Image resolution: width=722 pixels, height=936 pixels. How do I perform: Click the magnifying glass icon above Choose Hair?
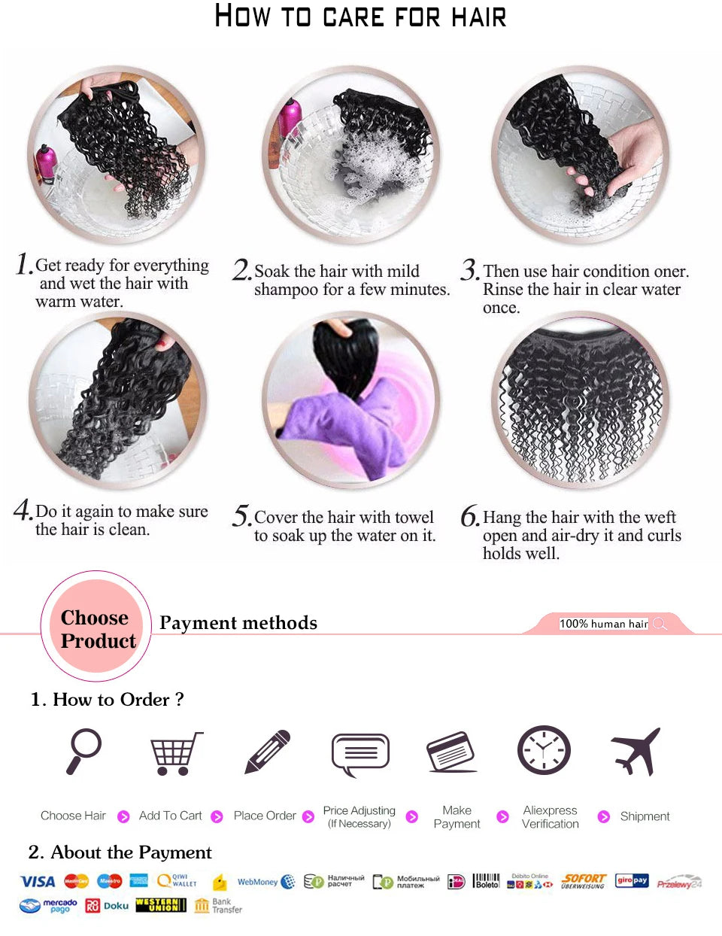(x=83, y=750)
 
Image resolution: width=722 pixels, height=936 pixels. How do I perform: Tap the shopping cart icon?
(x=176, y=752)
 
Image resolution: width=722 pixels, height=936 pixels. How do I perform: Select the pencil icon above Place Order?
(x=268, y=751)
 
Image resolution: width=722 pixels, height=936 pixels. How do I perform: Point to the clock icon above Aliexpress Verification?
(x=544, y=750)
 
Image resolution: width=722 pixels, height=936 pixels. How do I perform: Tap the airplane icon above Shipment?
(x=636, y=751)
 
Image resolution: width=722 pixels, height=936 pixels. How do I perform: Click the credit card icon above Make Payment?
(x=451, y=752)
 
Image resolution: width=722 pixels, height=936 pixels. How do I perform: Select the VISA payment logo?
(x=38, y=881)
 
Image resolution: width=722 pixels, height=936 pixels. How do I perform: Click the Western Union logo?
(x=160, y=905)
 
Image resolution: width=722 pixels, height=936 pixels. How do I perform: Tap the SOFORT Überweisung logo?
(x=584, y=881)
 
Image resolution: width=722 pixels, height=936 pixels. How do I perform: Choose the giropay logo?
(x=632, y=880)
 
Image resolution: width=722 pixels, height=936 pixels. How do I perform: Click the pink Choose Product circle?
(x=96, y=628)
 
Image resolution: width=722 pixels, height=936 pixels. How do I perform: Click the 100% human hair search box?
(x=603, y=623)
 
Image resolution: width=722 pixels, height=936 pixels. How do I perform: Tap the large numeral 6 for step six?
(x=469, y=517)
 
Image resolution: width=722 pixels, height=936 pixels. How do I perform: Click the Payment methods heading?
(x=238, y=623)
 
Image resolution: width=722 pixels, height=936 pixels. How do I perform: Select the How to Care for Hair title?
(x=360, y=17)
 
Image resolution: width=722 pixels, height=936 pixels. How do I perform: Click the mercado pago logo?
(x=49, y=905)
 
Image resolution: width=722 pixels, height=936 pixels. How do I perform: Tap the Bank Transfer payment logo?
(x=218, y=905)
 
